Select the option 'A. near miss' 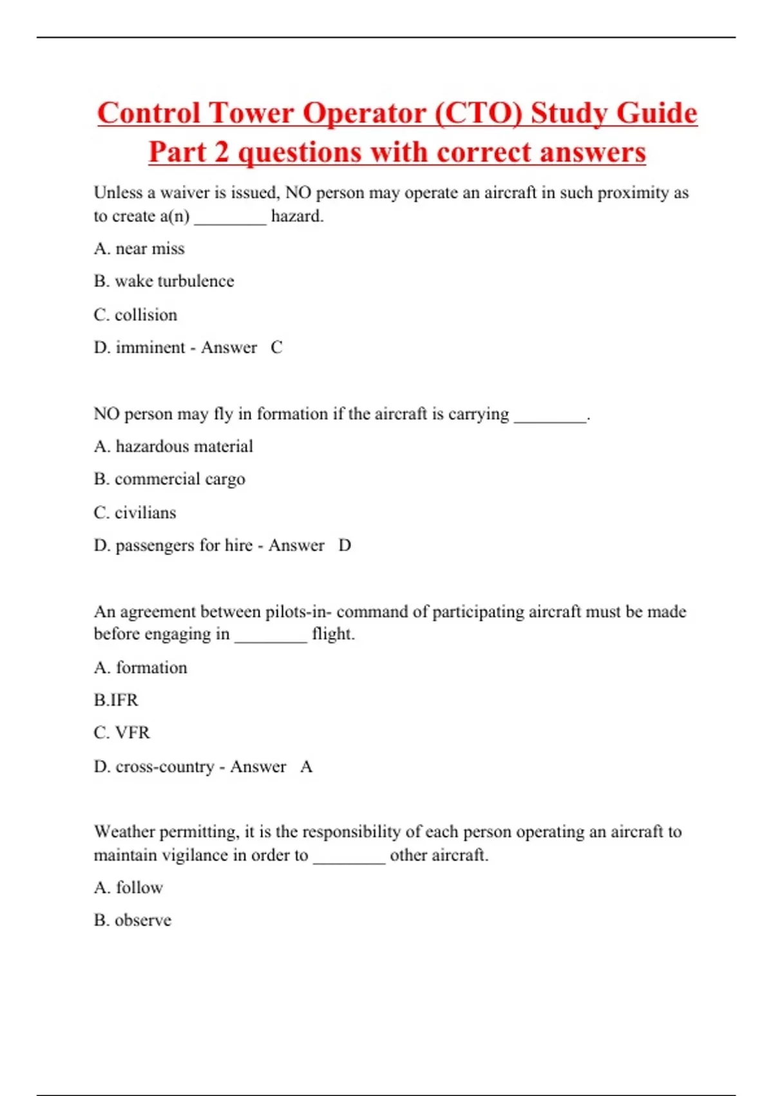click(139, 249)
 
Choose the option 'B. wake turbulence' click(164, 282)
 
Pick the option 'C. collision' click(135, 315)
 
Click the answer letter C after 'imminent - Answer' click(276, 347)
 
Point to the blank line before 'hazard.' click(230, 218)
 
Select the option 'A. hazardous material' click(173, 446)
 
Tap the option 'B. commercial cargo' click(169, 479)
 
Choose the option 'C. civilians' click(135, 513)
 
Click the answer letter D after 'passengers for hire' click(345, 545)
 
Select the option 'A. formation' click(140, 667)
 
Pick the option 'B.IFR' click(116, 700)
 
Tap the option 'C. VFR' click(122, 733)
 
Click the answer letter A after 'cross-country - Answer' click(307, 767)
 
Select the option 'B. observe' click(133, 920)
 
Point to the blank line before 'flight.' click(271, 636)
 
